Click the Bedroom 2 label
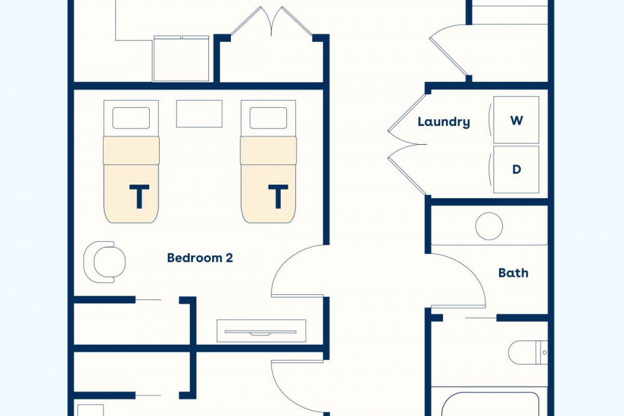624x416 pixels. point(200,258)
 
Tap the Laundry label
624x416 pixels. point(444,122)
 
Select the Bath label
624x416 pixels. point(514,273)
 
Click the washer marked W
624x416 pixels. point(516,120)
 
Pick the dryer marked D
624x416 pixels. point(516,170)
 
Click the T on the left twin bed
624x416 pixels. point(139,196)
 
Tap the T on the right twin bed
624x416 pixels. point(278,196)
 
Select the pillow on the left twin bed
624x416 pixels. point(131,118)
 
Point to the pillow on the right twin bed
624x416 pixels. point(268,118)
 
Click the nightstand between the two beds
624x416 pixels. point(199,114)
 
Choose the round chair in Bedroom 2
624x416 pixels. point(104,262)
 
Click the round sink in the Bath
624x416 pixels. point(489,226)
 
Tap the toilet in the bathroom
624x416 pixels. point(528,352)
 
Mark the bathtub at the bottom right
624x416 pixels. point(490,404)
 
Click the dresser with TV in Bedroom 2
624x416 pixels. point(261,331)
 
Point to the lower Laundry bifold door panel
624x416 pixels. point(407,170)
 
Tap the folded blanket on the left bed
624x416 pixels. point(131,150)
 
